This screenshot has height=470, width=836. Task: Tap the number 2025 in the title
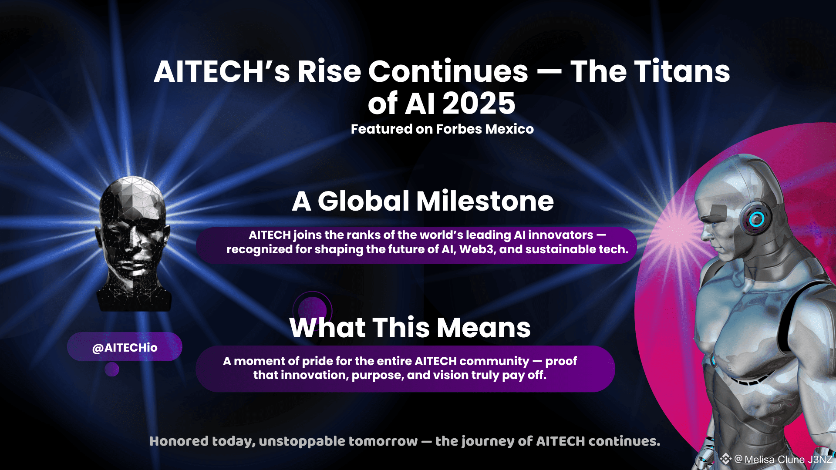(479, 104)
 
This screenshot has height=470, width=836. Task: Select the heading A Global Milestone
(423, 201)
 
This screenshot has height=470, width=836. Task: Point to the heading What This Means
(410, 327)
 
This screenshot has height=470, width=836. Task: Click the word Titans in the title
(682, 71)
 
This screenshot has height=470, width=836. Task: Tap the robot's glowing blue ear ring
(757, 219)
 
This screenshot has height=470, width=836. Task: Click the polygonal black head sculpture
(133, 244)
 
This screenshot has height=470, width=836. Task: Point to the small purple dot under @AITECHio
(112, 369)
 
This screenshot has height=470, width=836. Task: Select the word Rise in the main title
(329, 71)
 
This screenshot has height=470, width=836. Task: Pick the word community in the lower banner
(494, 361)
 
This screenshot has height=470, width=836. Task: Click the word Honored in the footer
(179, 441)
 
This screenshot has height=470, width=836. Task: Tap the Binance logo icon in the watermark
(725, 459)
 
